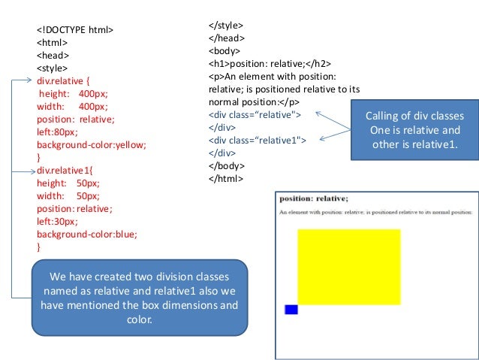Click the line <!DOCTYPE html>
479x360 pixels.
click(75, 30)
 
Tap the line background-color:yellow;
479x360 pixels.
click(91, 144)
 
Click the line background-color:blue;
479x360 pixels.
click(87, 234)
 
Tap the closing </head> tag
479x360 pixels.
click(227, 38)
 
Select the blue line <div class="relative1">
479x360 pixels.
click(257, 140)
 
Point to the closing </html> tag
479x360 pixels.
click(226, 178)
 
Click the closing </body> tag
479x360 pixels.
click(227, 165)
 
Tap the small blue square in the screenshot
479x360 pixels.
click(291, 310)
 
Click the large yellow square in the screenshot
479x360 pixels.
click(348, 267)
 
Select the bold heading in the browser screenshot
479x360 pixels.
click(314, 198)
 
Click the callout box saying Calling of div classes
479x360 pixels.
click(414, 129)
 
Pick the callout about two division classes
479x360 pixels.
click(140, 297)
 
